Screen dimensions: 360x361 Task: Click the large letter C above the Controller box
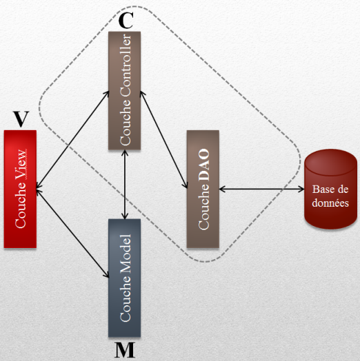126,20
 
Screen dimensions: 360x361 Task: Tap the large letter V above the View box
21,118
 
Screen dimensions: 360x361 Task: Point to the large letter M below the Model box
125,350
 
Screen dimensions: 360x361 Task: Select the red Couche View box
20,189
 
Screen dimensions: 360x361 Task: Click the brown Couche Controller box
124,91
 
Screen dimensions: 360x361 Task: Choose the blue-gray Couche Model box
124,278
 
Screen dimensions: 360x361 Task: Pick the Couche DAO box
203,189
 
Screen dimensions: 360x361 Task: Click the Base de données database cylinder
330,189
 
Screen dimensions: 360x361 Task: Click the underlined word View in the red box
21,164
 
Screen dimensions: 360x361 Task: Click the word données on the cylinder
330,203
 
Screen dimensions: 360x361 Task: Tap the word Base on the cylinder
322,189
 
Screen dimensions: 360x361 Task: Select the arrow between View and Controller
72,140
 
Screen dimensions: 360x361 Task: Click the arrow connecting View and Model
72,234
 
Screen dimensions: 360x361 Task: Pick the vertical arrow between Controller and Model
125,184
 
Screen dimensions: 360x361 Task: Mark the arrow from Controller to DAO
164,140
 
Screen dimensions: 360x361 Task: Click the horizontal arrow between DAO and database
261,189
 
